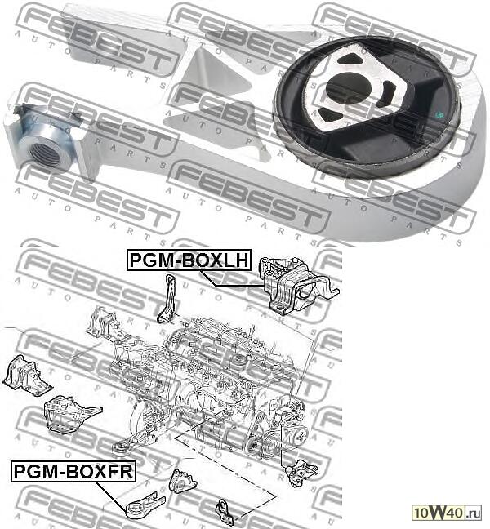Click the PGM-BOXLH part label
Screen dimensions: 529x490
click(187, 260)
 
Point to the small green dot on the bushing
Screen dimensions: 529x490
click(438, 114)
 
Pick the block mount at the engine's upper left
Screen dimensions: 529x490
click(103, 323)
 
